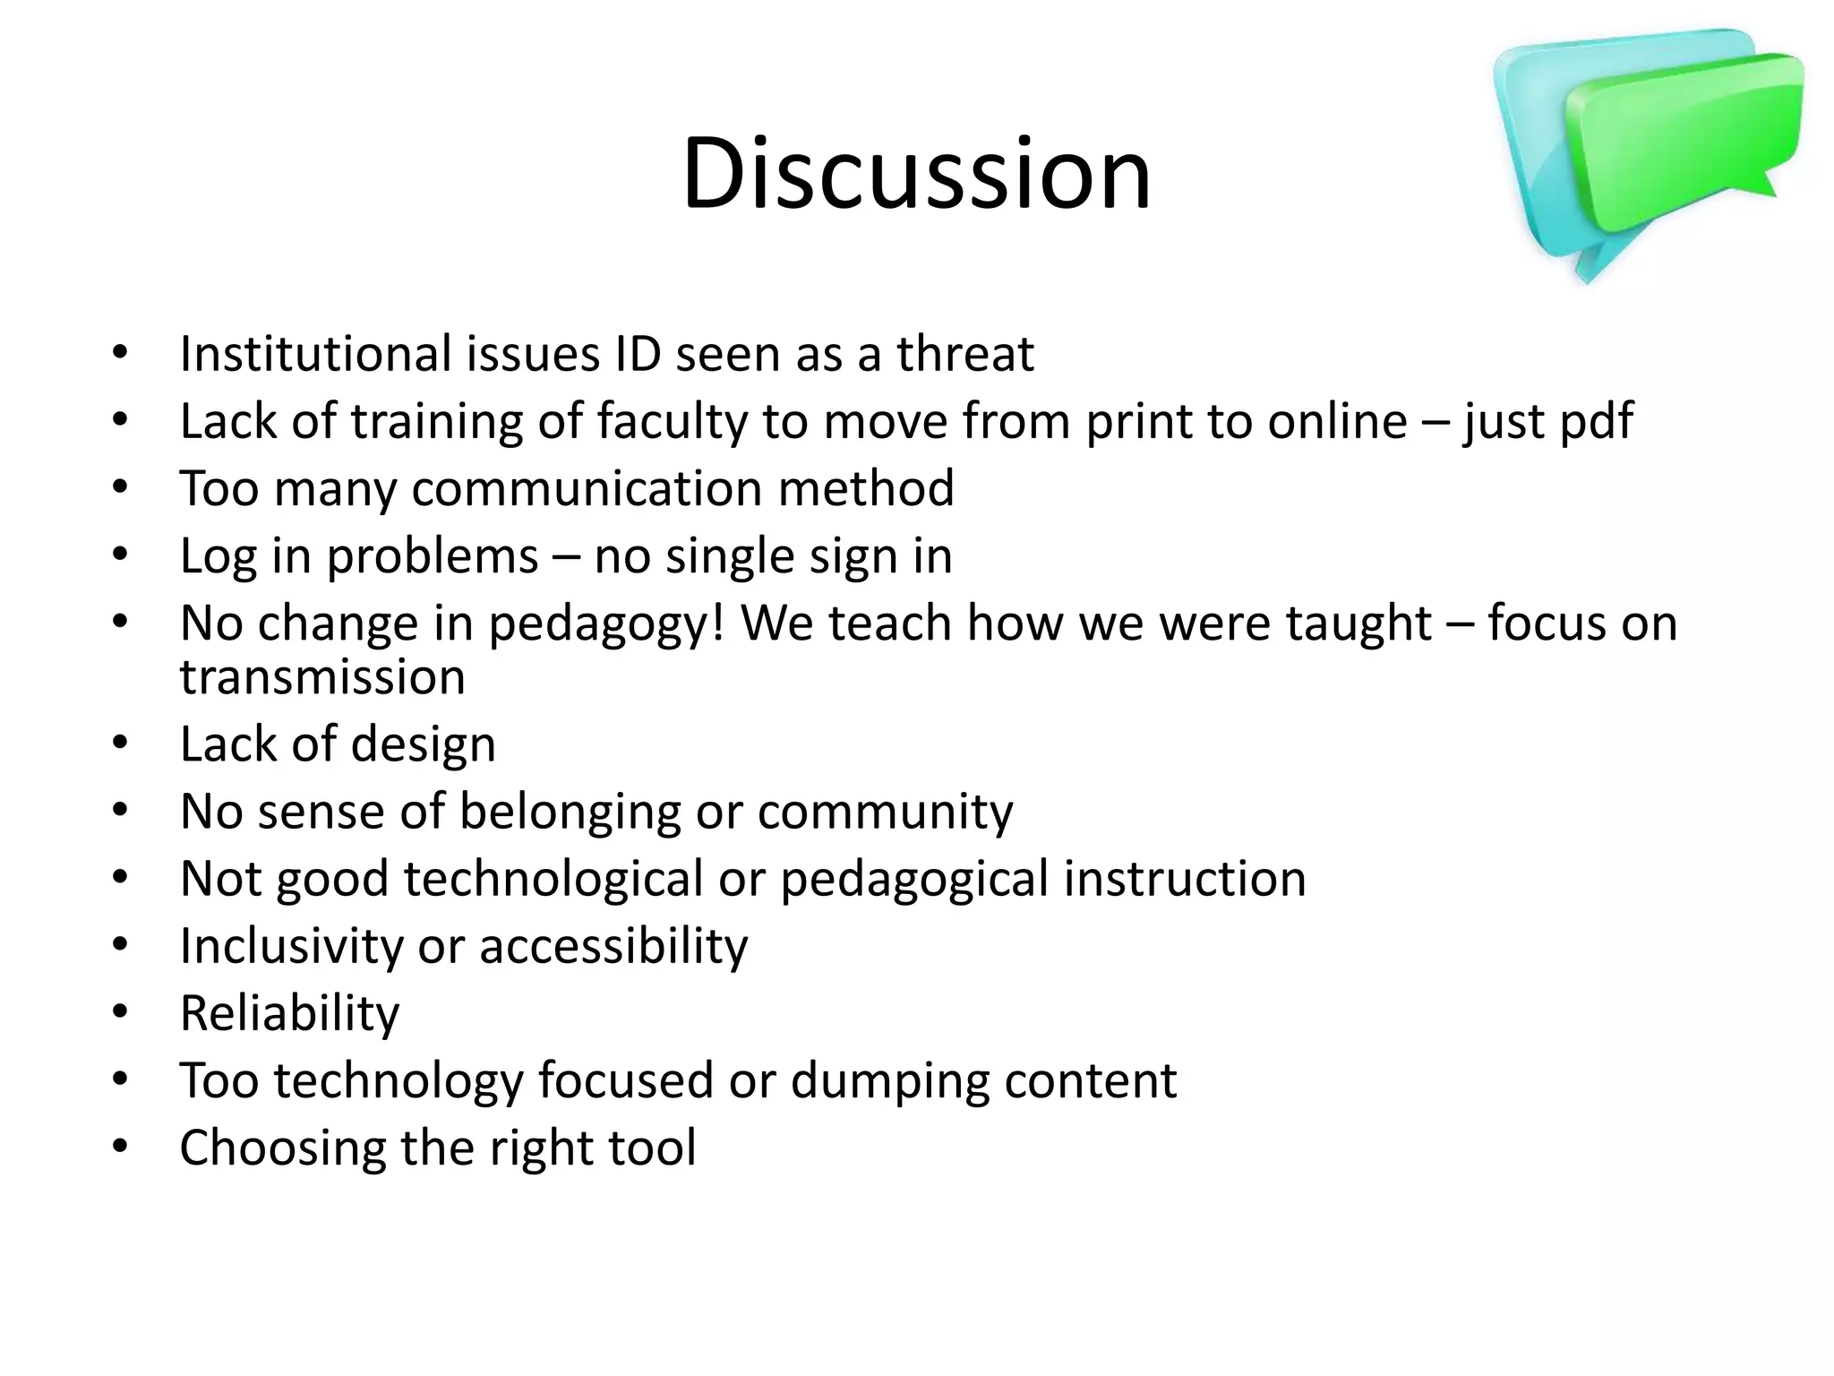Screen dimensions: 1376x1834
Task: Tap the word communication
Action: (587, 489)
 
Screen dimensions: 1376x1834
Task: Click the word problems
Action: (432, 557)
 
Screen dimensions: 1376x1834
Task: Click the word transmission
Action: (322, 676)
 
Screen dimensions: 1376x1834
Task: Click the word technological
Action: (553, 879)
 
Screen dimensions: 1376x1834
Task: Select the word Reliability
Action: (289, 1013)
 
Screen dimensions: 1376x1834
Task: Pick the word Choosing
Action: (282, 1148)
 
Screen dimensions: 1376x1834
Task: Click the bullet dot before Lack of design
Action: (121, 744)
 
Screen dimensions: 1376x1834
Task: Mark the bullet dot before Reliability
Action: (121, 1012)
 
